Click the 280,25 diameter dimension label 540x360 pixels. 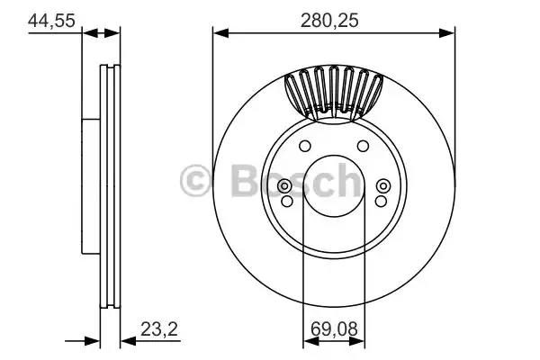click(329, 21)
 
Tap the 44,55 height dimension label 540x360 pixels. click(51, 21)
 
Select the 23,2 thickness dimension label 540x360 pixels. click(159, 329)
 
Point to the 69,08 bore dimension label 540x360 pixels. click(334, 329)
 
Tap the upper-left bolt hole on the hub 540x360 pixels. click(305, 146)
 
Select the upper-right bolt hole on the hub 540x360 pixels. click(363, 146)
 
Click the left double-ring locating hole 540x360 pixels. click(284, 186)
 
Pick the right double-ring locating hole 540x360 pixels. click(383, 186)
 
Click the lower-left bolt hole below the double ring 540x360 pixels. click(287, 202)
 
